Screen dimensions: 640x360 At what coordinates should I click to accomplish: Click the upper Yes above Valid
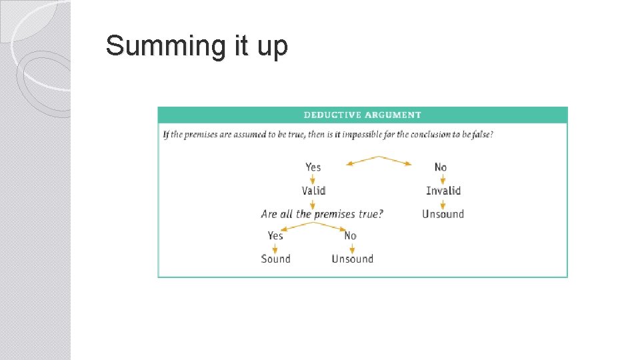pyautogui.click(x=313, y=167)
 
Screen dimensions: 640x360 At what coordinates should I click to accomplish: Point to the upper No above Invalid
pyautogui.click(x=441, y=167)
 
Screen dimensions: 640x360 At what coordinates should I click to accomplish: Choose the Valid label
pyautogui.click(x=313, y=191)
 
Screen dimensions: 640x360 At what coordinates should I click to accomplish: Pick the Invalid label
pyautogui.click(x=443, y=191)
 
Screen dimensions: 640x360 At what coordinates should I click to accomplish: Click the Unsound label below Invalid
pyautogui.click(x=443, y=214)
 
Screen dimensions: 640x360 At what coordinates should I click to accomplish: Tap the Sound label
pyautogui.click(x=275, y=259)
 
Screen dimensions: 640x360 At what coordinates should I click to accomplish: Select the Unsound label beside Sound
pyautogui.click(x=352, y=259)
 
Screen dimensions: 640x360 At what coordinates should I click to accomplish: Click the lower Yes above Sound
pyautogui.click(x=275, y=235)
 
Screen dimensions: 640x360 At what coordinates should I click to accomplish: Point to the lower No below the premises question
pyautogui.click(x=350, y=235)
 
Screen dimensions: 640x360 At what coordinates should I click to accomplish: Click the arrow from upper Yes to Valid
pyautogui.click(x=313, y=179)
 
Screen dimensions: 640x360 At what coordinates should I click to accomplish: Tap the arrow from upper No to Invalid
pyautogui.click(x=442, y=179)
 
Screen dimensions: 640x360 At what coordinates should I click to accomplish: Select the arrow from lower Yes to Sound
pyautogui.click(x=275, y=247)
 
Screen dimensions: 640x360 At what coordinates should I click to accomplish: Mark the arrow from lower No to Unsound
pyautogui.click(x=351, y=247)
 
